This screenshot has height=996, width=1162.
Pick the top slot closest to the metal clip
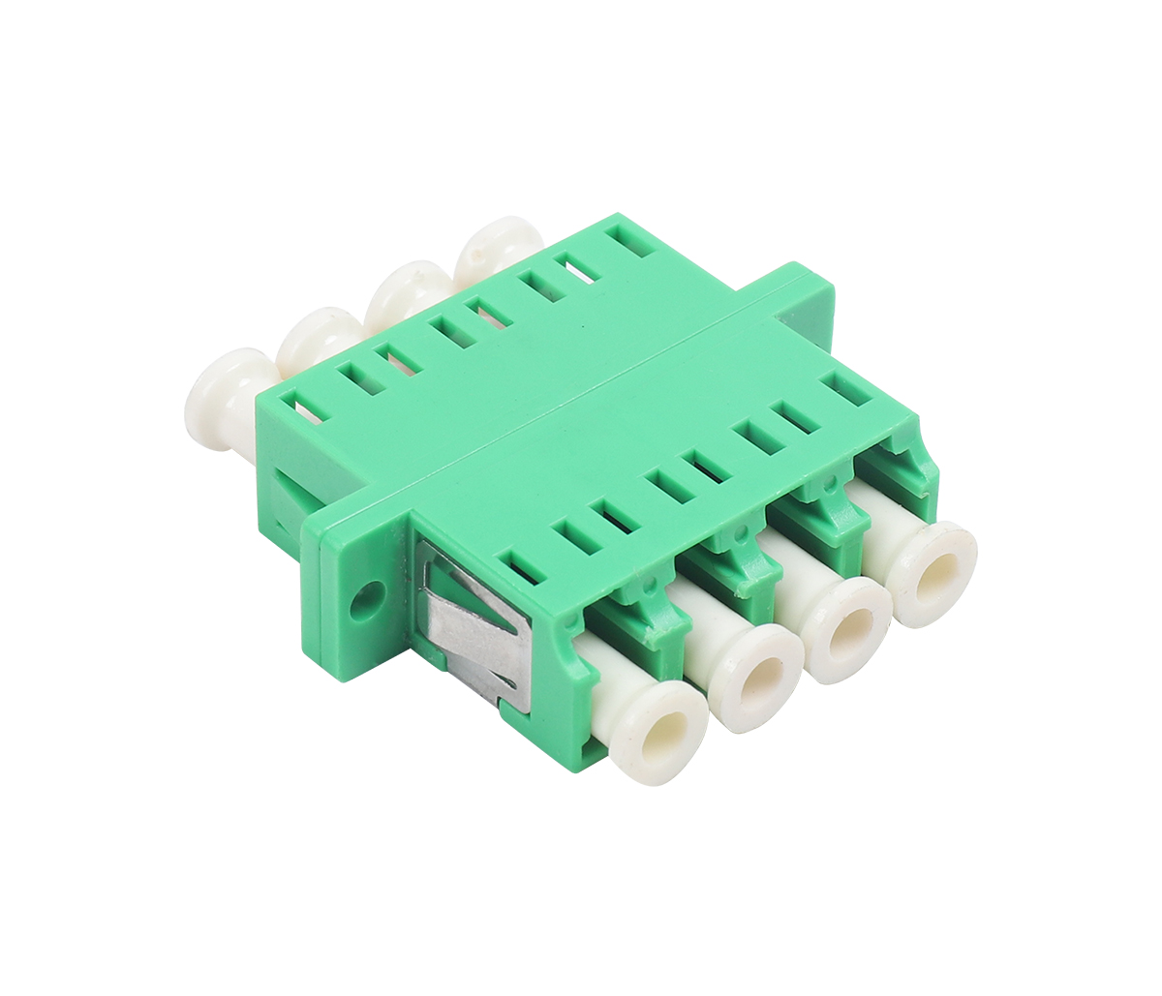point(517,567)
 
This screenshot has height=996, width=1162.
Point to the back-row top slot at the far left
point(298,406)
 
